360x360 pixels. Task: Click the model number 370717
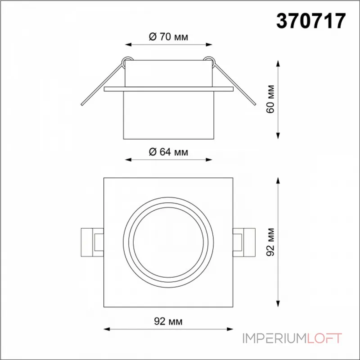tap(311, 21)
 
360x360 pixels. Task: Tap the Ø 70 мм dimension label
tap(168, 36)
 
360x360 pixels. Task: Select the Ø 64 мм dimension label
tap(168, 152)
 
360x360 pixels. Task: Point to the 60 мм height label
tap(270, 99)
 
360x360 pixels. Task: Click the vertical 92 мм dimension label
tap(270, 242)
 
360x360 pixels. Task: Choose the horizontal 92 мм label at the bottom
tap(168, 321)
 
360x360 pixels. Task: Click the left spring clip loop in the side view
tap(126, 61)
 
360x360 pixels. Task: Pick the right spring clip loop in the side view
tap(210, 61)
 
